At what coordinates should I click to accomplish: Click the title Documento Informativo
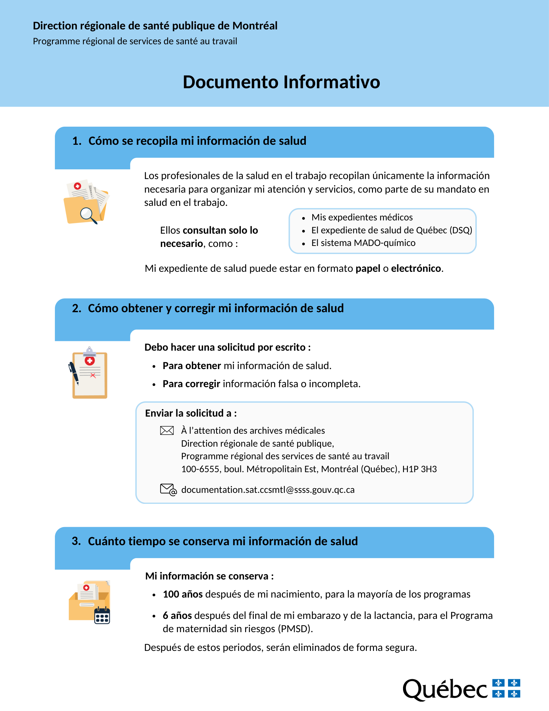[x=281, y=82]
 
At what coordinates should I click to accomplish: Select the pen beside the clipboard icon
[x=74, y=372]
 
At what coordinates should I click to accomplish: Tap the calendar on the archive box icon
[x=102, y=616]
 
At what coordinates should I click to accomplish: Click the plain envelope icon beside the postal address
[x=167, y=430]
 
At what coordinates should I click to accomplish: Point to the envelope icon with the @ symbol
[x=168, y=489]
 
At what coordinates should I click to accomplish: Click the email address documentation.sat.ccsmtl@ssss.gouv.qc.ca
[x=268, y=490]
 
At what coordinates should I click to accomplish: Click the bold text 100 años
[x=183, y=594]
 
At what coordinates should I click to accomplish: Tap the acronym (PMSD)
[x=295, y=629]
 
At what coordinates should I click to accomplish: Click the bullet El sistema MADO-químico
[x=363, y=243]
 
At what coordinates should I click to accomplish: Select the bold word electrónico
[x=416, y=268]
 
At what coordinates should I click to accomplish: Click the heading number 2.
[x=77, y=308]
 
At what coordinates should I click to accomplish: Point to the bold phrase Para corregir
[x=191, y=384]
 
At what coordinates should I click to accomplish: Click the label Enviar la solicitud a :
[x=191, y=413]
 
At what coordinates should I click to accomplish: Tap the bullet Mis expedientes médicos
[x=362, y=217]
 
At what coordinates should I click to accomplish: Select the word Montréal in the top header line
[x=255, y=26]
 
